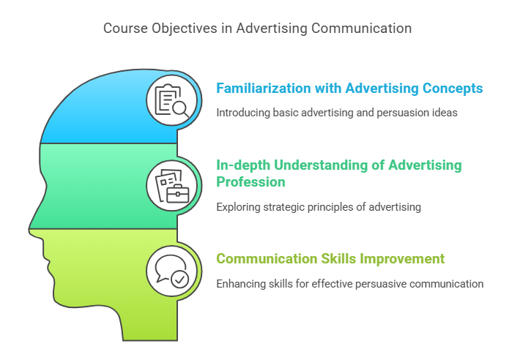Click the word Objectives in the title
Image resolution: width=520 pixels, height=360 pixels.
[185, 29]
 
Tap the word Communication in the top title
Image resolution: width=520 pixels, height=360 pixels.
[362, 28]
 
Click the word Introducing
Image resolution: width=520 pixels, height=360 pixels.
[243, 113]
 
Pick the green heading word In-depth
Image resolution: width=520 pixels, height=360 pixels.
[243, 165]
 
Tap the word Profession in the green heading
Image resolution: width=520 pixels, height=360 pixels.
[250, 181]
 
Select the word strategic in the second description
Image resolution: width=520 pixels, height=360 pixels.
[284, 207]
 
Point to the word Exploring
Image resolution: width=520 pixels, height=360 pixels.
[238, 207]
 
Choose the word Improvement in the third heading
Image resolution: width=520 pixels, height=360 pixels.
[402, 259]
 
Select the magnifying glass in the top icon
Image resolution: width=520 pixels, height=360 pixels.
[180, 109]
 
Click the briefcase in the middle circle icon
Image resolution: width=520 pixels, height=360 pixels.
[177, 193]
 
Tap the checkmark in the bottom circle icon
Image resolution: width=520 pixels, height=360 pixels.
[179, 280]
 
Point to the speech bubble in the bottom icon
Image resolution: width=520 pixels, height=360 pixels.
[170, 267]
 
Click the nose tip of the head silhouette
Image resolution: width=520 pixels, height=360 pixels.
[29, 229]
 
